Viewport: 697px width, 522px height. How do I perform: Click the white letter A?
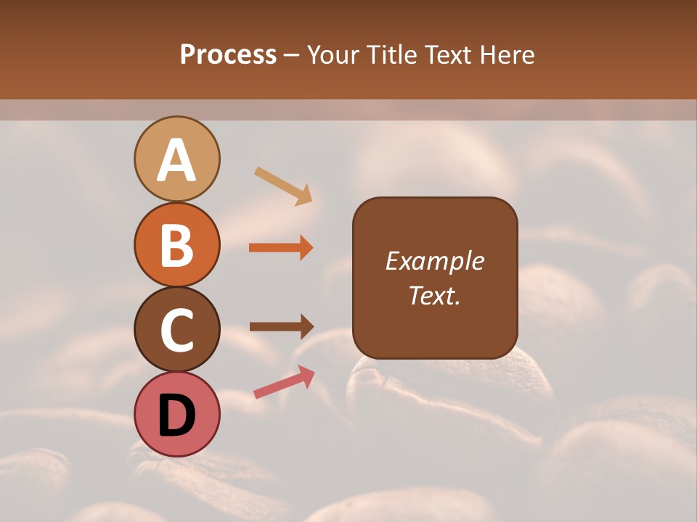point(177,160)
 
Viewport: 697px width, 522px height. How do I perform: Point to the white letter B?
point(177,245)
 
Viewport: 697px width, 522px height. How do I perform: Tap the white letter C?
point(177,330)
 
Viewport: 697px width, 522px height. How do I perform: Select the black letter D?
point(177,415)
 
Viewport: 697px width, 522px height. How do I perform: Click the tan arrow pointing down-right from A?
point(283,186)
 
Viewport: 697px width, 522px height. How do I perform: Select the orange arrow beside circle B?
point(281,248)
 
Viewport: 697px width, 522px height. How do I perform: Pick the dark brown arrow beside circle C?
point(281,326)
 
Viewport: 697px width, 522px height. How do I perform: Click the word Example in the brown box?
point(434,261)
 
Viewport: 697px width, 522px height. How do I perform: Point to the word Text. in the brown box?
point(434,295)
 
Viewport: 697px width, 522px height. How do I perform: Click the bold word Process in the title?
point(228,54)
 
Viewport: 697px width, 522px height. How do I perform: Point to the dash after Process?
point(292,56)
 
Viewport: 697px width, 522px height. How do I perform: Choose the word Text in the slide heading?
point(449,54)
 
